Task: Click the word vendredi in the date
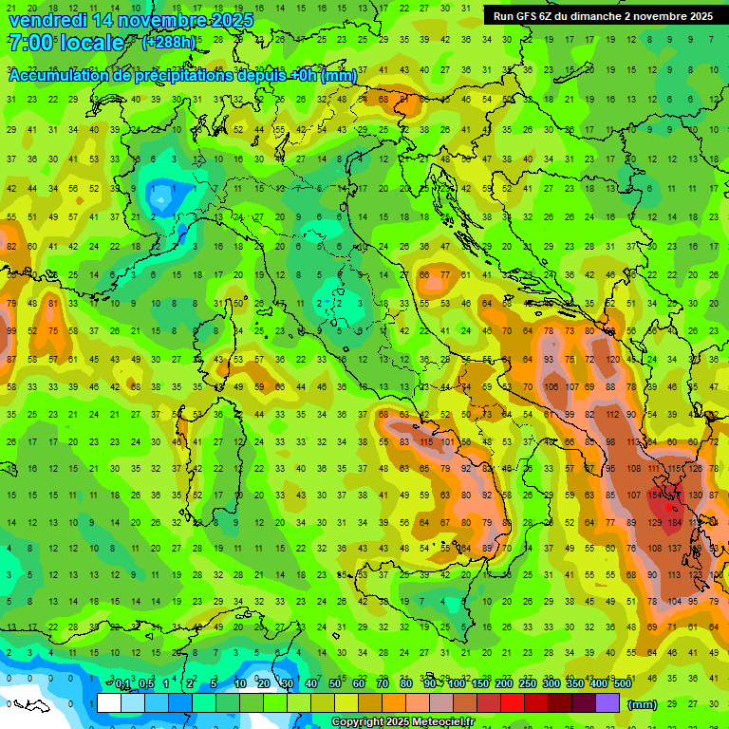(x=47, y=20)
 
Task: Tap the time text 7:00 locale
(x=65, y=43)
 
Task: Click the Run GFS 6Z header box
(x=603, y=16)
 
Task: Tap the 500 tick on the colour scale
(x=622, y=684)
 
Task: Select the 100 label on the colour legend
(x=456, y=684)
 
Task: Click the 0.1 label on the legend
(x=122, y=684)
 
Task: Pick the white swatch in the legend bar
(x=109, y=703)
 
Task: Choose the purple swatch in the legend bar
(x=607, y=703)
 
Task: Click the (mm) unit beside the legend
(x=643, y=704)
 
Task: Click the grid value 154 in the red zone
(x=655, y=495)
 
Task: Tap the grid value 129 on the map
(x=655, y=522)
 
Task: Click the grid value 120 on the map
(x=614, y=361)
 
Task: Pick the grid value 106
(x=551, y=387)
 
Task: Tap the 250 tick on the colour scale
(x=527, y=684)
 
